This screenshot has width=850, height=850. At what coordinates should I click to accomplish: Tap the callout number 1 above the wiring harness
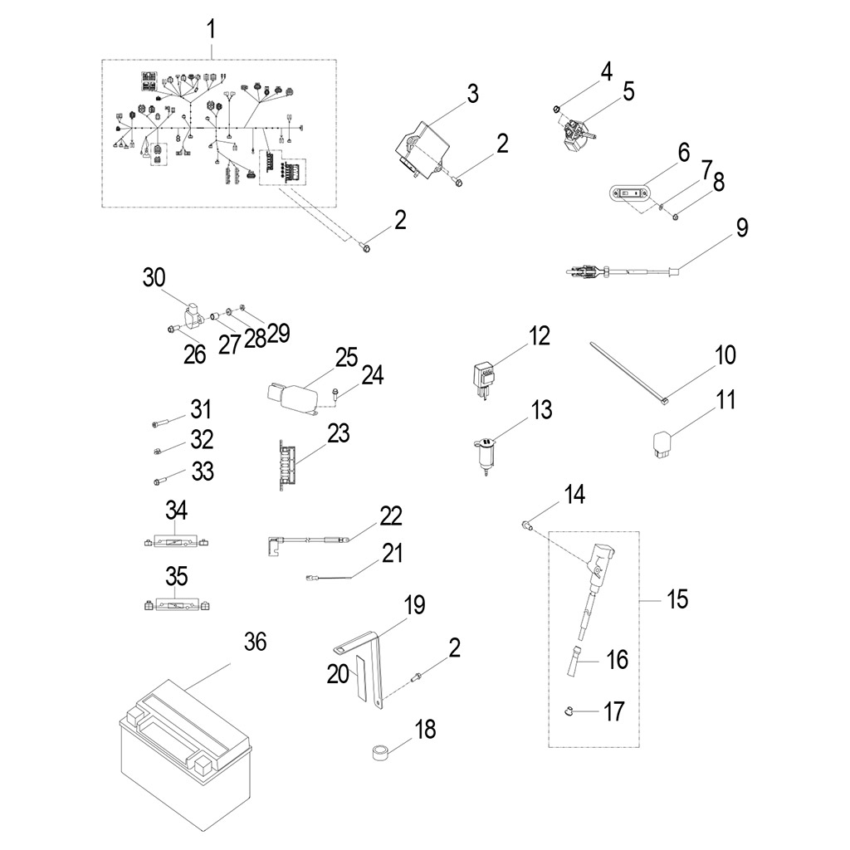tap(211, 31)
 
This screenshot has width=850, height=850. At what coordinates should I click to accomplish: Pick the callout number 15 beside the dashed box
tap(677, 598)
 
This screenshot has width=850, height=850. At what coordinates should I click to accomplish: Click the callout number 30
tap(154, 278)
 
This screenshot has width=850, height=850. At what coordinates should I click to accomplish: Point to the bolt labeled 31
tap(164, 425)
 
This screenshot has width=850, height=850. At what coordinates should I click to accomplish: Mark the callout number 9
tap(740, 227)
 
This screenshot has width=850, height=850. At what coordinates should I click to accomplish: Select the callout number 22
tap(390, 515)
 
